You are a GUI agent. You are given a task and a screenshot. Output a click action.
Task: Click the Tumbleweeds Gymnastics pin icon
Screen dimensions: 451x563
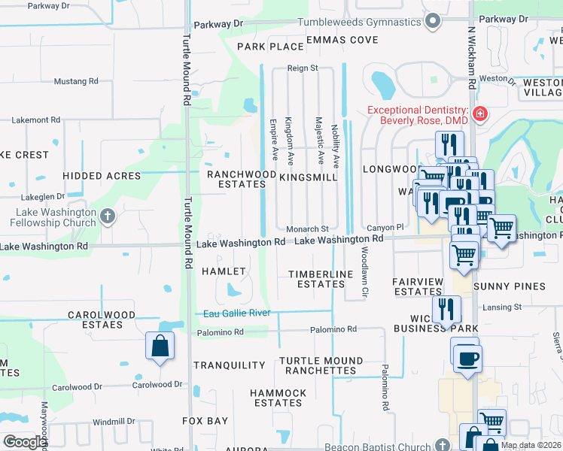click(432, 23)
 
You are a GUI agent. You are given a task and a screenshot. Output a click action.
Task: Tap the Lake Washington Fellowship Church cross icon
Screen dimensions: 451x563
click(108, 217)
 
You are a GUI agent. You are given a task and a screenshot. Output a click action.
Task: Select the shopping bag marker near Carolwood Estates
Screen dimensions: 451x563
click(160, 347)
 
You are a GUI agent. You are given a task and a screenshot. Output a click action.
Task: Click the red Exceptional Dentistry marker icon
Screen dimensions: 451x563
click(479, 115)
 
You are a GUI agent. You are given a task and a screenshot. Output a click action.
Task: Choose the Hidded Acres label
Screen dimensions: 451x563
click(102, 176)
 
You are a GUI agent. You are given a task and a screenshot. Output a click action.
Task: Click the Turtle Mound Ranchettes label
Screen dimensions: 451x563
click(317, 365)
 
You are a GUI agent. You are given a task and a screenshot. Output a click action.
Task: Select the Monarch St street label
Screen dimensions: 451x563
click(307, 229)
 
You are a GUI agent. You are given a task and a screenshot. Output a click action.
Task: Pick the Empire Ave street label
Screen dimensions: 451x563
click(274, 138)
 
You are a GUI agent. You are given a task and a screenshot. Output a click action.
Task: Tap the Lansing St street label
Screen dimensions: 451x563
click(501, 307)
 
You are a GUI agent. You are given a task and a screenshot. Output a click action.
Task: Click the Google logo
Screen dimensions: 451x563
click(25, 442)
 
